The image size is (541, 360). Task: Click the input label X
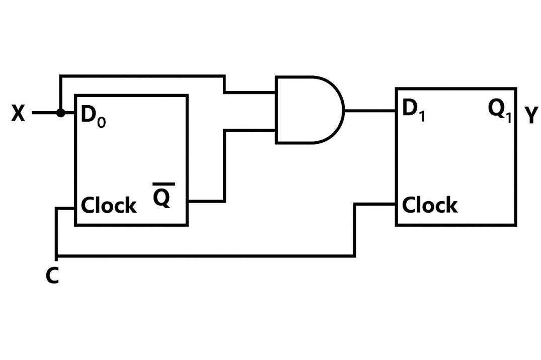pyautogui.click(x=18, y=114)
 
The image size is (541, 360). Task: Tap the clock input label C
pyautogui.click(x=52, y=276)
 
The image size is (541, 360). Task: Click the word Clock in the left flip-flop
pyautogui.click(x=109, y=206)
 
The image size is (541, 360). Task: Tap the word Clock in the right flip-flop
pyautogui.click(x=430, y=205)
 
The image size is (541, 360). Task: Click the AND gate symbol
pyautogui.click(x=307, y=110)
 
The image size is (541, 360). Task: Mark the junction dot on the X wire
pyautogui.click(x=60, y=113)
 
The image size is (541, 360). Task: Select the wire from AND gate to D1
pyautogui.click(x=369, y=110)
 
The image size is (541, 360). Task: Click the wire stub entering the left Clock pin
pyautogui.click(x=66, y=208)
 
